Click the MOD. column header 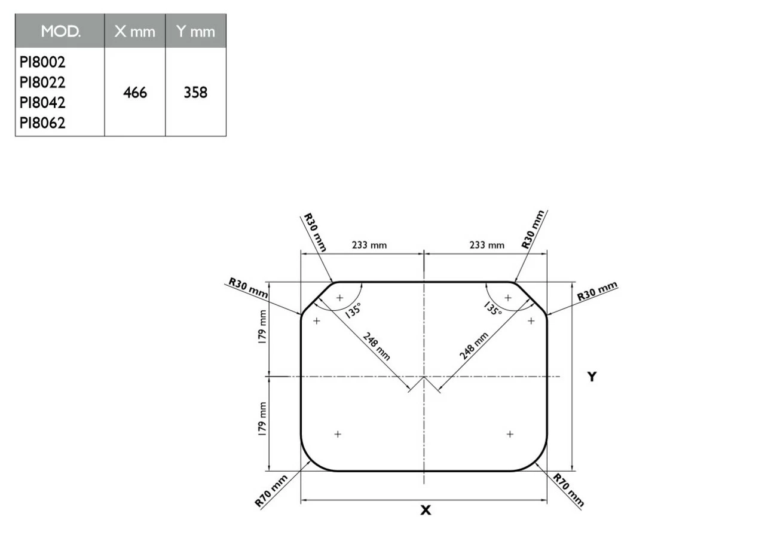(60, 32)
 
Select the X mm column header (135, 32)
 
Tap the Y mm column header (195, 32)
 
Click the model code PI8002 (42, 62)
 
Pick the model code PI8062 (42, 123)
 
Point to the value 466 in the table (135, 93)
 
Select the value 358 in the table (195, 93)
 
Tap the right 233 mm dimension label (486, 245)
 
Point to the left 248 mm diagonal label (377, 346)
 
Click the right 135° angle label (493, 308)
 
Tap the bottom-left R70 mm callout (271, 491)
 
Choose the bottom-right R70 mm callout (568, 491)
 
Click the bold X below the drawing (425, 511)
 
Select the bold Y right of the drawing (591, 377)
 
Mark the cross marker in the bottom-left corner (338, 434)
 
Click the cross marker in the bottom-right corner (510, 434)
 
